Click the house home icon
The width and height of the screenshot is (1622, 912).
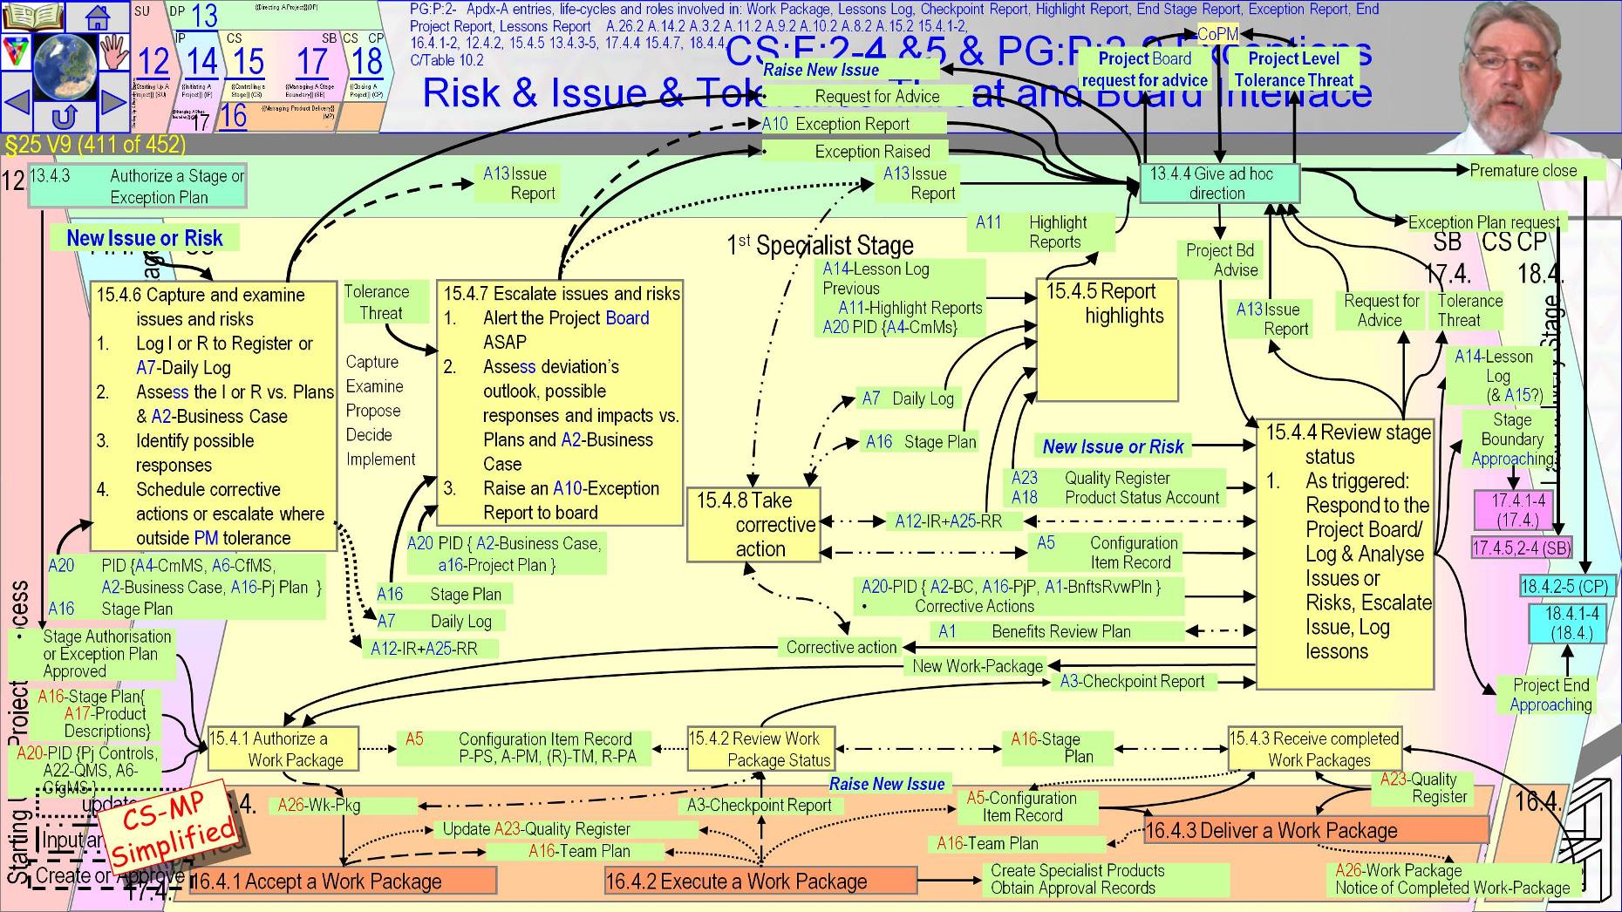click(98, 16)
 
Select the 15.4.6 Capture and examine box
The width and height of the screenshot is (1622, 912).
click(214, 415)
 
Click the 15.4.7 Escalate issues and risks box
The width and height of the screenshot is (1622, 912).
click(560, 403)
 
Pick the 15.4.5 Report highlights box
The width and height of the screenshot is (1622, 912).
click(1106, 339)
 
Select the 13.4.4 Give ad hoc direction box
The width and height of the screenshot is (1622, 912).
click(1219, 183)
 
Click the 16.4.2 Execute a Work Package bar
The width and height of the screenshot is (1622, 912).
click(760, 881)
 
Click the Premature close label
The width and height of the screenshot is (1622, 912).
click(1523, 171)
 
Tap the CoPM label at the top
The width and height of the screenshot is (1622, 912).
click(1217, 34)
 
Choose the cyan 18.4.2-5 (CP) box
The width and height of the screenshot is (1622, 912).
click(1564, 586)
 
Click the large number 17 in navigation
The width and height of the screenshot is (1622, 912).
click(311, 61)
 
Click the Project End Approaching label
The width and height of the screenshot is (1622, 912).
click(1550, 695)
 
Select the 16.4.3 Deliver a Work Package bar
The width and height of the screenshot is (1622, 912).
click(1315, 830)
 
